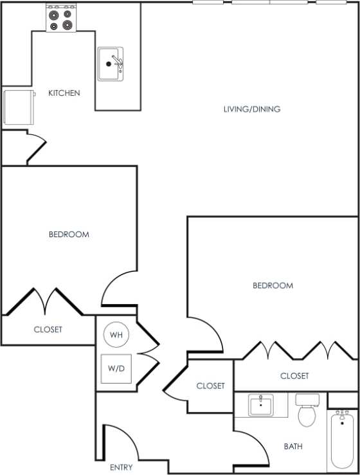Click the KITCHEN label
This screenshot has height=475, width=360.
point(64,93)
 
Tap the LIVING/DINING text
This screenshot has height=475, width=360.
point(251,109)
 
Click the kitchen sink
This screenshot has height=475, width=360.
point(111,64)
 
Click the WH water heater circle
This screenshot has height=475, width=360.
point(116,335)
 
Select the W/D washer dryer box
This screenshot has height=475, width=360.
point(116,369)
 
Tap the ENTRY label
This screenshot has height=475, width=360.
point(121,467)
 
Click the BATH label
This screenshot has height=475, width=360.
point(293,446)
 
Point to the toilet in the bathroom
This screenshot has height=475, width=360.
point(308,411)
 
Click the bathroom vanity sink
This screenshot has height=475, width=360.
point(260,405)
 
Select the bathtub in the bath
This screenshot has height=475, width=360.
point(341,441)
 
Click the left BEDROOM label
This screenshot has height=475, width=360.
point(69,235)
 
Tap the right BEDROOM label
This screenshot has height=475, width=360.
point(273,285)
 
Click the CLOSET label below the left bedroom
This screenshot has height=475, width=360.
point(48,330)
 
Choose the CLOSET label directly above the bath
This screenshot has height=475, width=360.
point(294,376)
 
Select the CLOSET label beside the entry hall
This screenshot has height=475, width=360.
point(210,386)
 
